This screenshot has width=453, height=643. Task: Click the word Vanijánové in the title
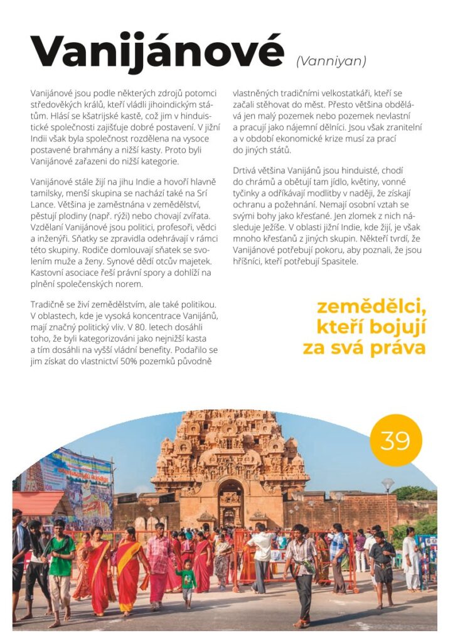[x=157, y=53]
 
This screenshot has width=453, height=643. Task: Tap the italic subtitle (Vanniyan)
[x=331, y=62]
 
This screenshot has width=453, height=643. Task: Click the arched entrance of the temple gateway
[x=230, y=502]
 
